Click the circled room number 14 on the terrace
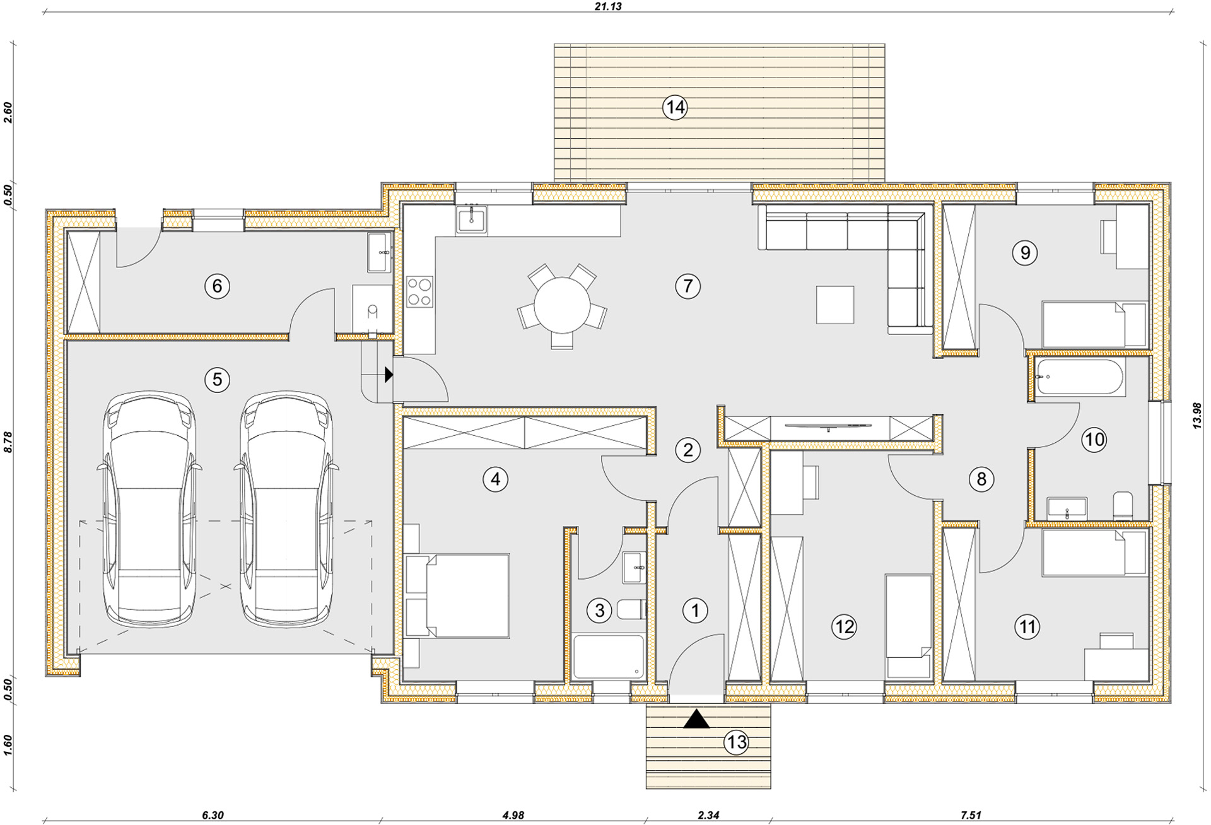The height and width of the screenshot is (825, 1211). [675, 107]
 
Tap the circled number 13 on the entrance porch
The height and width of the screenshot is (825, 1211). [737, 742]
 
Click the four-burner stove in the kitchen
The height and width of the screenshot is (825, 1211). [419, 292]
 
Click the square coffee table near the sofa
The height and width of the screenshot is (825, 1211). [835, 304]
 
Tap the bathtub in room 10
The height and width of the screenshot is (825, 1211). [1080, 377]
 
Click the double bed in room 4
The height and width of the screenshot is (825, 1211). [457, 595]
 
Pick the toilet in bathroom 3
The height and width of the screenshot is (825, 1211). [631, 609]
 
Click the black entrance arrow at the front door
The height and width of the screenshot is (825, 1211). [696, 718]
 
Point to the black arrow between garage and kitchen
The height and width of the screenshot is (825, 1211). [389, 375]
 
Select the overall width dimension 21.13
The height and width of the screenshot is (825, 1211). [608, 6]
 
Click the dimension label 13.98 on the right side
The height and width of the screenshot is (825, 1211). [1197, 416]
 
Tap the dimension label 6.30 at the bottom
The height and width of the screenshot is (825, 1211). [213, 815]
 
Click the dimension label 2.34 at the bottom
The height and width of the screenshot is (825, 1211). [708, 815]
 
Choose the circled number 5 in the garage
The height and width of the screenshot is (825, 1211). [217, 380]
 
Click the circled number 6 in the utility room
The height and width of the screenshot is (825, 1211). [217, 286]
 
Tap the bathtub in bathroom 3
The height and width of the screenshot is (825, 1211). [609, 657]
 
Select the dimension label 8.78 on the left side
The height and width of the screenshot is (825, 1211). [8, 442]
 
